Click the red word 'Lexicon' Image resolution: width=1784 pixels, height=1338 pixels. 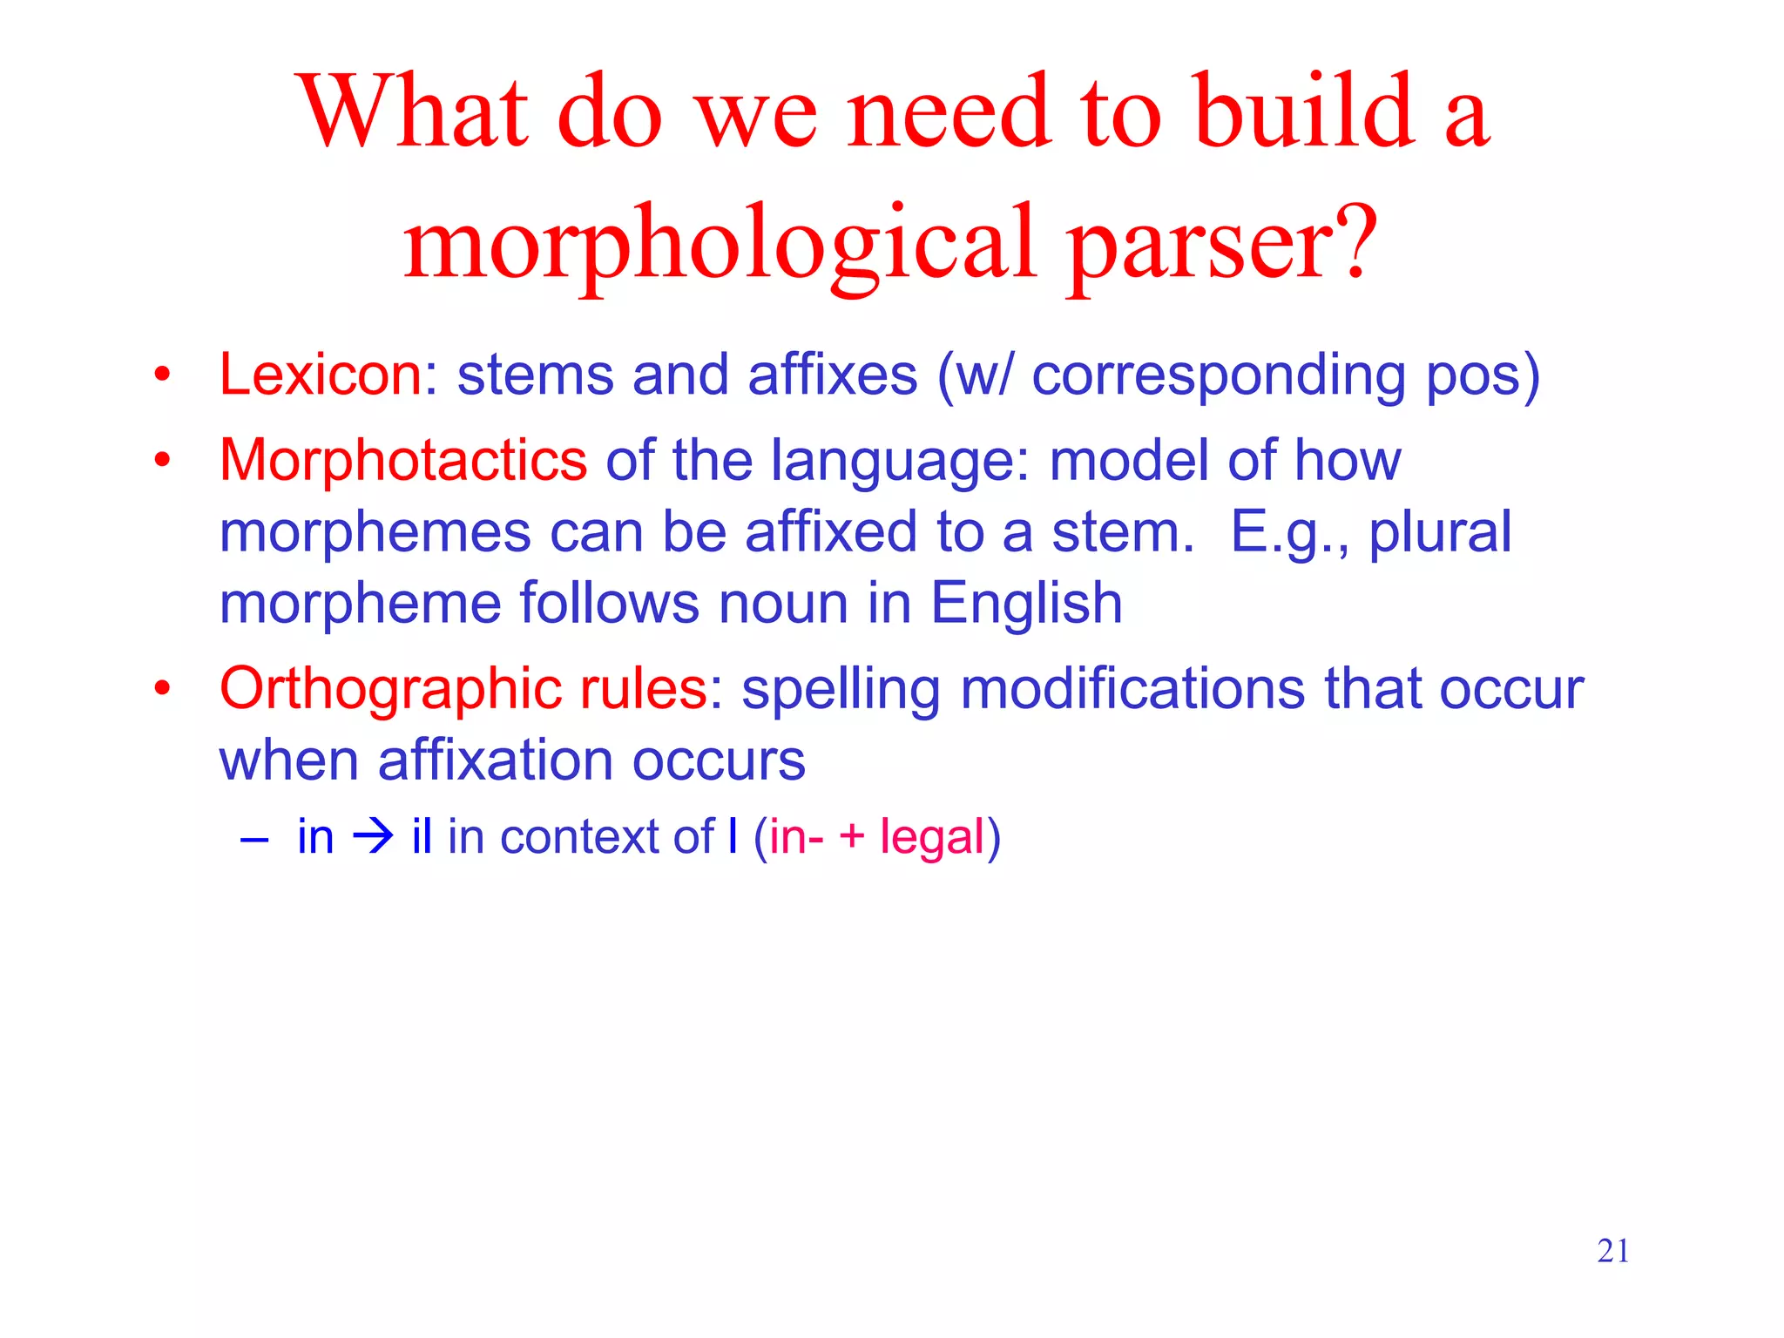(x=321, y=375)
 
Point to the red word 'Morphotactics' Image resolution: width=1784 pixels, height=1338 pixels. (x=403, y=460)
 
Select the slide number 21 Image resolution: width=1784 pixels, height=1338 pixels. (x=1612, y=1251)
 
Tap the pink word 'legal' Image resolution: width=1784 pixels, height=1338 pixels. (x=931, y=838)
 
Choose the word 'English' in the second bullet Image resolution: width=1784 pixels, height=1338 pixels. (x=1026, y=603)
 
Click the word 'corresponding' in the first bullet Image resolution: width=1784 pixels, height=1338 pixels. (x=1218, y=375)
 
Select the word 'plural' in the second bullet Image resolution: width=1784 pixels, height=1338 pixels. (x=1440, y=532)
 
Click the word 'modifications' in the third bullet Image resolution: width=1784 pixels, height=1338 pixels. (x=1132, y=688)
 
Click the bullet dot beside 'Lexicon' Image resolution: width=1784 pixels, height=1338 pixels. (x=161, y=375)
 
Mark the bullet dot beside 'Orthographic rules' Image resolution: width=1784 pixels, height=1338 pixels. (x=161, y=688)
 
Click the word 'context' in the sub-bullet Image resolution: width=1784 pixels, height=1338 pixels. (x=574, y=838)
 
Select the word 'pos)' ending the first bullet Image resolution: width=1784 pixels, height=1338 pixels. (x=1483, y=375)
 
